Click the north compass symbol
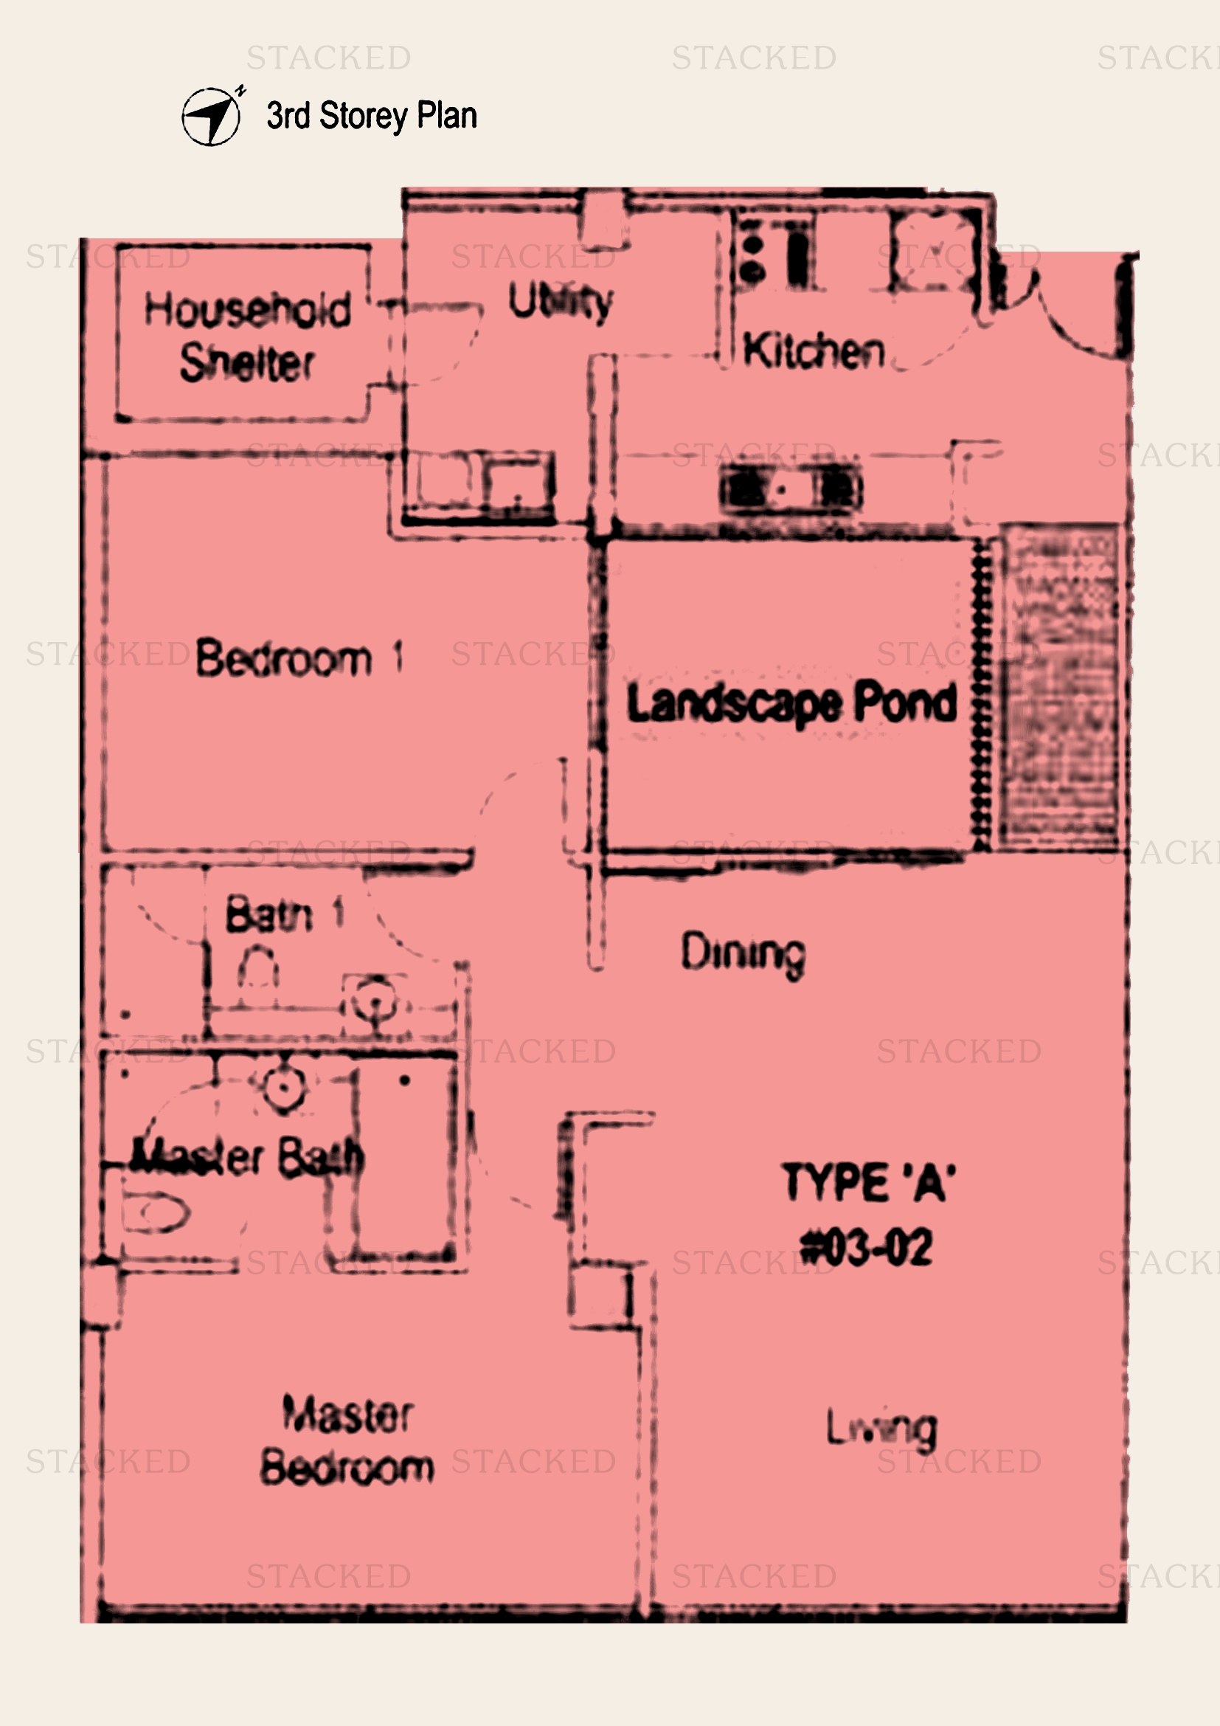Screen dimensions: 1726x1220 point(212,117)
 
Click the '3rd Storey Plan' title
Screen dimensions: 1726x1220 point(372,116)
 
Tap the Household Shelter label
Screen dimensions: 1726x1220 point(247,336)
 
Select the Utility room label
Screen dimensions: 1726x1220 point(561,303)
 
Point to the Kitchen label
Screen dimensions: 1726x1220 point(814,351)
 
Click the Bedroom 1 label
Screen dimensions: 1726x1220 point(299,658)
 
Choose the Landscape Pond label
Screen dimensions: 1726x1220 point(791,704)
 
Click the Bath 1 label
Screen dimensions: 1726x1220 point(284,914)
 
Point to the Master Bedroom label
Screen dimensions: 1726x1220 point(347,1440)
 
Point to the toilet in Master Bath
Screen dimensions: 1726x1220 point(155,1212)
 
